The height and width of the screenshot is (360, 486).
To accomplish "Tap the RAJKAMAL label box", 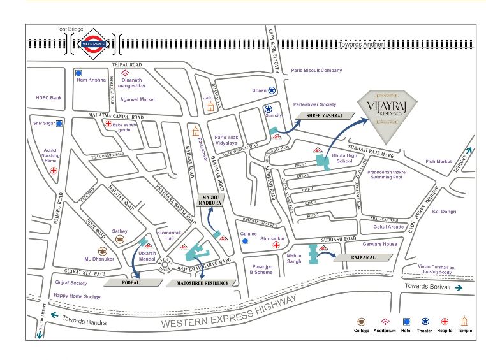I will click(x=362, y=257).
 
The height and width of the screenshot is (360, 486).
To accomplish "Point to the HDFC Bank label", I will click(x=49, y=97).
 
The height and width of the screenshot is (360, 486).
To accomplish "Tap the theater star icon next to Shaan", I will click(x=272, y=91).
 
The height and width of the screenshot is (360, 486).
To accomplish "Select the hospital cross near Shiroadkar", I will click(x=276, y=245).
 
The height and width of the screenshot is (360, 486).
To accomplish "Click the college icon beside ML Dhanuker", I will click(x=101, y=251).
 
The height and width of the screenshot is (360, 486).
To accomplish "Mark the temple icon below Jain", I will click(x=210, y=106).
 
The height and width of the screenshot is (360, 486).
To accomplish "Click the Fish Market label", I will click(x=438, y=162).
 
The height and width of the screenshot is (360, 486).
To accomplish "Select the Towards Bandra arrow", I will click(x=55, y=315).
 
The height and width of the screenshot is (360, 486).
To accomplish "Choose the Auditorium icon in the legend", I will click(x=385, y=322).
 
